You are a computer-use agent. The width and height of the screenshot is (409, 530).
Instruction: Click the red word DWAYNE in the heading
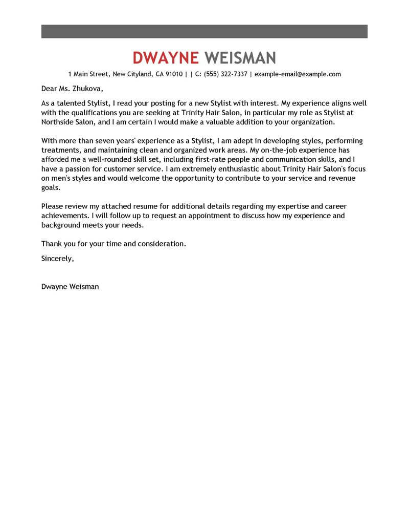pos(165,57)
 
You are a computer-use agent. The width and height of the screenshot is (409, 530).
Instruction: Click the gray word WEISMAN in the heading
pos(240,57)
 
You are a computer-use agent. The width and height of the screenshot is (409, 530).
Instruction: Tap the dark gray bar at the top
pos(204,31)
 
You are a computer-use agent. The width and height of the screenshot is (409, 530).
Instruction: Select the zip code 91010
pos(174,74)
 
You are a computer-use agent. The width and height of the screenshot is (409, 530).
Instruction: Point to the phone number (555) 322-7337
pos(225,74)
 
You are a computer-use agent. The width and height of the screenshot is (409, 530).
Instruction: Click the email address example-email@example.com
pos(298,74)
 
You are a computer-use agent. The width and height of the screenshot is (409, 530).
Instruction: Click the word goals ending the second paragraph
pos(51,187)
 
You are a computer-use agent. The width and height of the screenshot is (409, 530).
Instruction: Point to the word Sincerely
pos(57,259)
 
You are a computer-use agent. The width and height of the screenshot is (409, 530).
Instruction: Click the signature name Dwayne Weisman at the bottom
pos(70,287)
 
